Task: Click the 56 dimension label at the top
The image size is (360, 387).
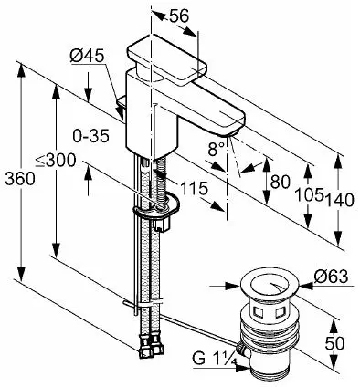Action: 179,16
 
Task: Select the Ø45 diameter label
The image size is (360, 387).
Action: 87,56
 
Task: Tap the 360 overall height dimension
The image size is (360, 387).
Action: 20,179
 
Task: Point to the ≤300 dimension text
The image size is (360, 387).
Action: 56,160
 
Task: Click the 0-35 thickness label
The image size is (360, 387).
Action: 91,136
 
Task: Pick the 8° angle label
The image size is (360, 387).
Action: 217,149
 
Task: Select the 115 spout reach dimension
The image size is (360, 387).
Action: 194,188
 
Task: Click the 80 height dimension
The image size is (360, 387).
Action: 281,182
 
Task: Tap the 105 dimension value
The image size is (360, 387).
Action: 310,194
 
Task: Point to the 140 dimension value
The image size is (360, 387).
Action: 340,200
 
